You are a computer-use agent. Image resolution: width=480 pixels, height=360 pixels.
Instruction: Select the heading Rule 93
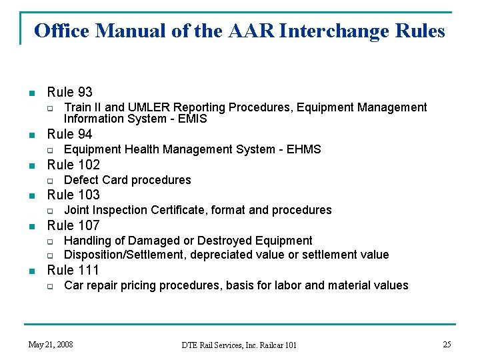(69, 92)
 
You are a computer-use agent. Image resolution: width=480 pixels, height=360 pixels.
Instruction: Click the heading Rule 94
(69, 134)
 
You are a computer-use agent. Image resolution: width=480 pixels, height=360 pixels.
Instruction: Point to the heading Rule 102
(73, 165)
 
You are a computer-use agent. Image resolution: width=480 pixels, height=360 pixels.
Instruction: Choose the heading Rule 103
(73, 195)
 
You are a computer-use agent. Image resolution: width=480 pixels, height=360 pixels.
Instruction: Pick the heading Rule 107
(73, 225)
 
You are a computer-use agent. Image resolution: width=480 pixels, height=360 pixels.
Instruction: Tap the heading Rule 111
(73, 270)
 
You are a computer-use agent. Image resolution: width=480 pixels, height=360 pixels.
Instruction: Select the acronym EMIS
(193, 119)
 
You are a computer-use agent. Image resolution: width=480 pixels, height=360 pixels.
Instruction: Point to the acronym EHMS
(305, 149)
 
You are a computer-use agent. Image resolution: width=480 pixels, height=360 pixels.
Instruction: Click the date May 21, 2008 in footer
(50, 345)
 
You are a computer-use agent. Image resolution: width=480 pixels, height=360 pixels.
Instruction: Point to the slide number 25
(447, 344)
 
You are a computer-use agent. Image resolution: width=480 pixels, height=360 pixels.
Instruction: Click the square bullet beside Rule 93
(30, 93)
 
